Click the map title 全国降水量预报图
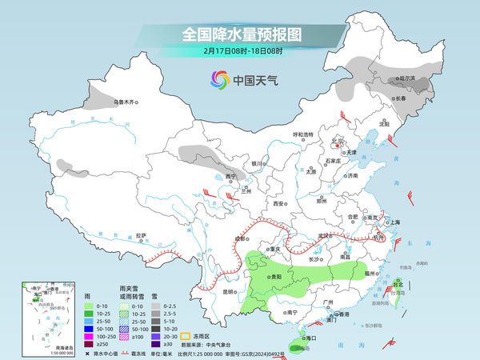pyautogui.click(x=239, y=34)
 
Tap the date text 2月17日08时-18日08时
pyautogui.click(x=239, y=52)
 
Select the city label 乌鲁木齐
pyautogui.click(x=126, y=102)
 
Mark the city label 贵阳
pyautogui.click(x=275, y=276)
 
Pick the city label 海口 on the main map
pyautogui.click(x=305, y=339)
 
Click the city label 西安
pyautogui.click(x=278, y=204)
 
